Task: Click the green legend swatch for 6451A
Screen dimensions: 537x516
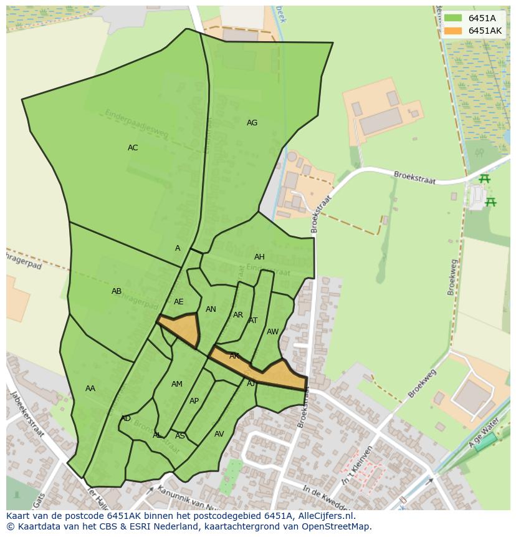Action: (x=453, y=18)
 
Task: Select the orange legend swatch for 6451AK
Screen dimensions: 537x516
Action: (x=453, y=31)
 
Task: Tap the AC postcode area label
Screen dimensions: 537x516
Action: (x=133, y=148)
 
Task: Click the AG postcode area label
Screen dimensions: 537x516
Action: (x=252, y=123)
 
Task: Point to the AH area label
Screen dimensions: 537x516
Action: (x=259, y=257)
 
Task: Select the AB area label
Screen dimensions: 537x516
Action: (x=117, y=291)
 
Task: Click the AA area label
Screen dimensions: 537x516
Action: (x=90, y=389)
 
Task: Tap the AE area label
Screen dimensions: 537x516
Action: (x=179, y=302)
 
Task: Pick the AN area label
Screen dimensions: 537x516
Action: (x=211, y=309)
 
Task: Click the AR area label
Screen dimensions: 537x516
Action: (x=238, y=315)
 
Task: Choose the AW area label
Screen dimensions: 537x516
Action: (x=272, y=332)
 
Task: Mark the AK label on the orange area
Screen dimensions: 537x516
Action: (x=234, y=356)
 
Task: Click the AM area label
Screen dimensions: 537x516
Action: (x=177, y=384)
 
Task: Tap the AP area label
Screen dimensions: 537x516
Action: (x=194, y=401)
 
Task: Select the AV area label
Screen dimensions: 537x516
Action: (x=219, y=434)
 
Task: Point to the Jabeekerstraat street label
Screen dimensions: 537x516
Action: (x=26, y=414)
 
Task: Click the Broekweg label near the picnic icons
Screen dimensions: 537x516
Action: (x=452, y=275)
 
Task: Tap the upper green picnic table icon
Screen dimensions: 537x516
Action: (x=484, y=179)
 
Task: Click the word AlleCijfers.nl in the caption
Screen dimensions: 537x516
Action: (x=323, y=516)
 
